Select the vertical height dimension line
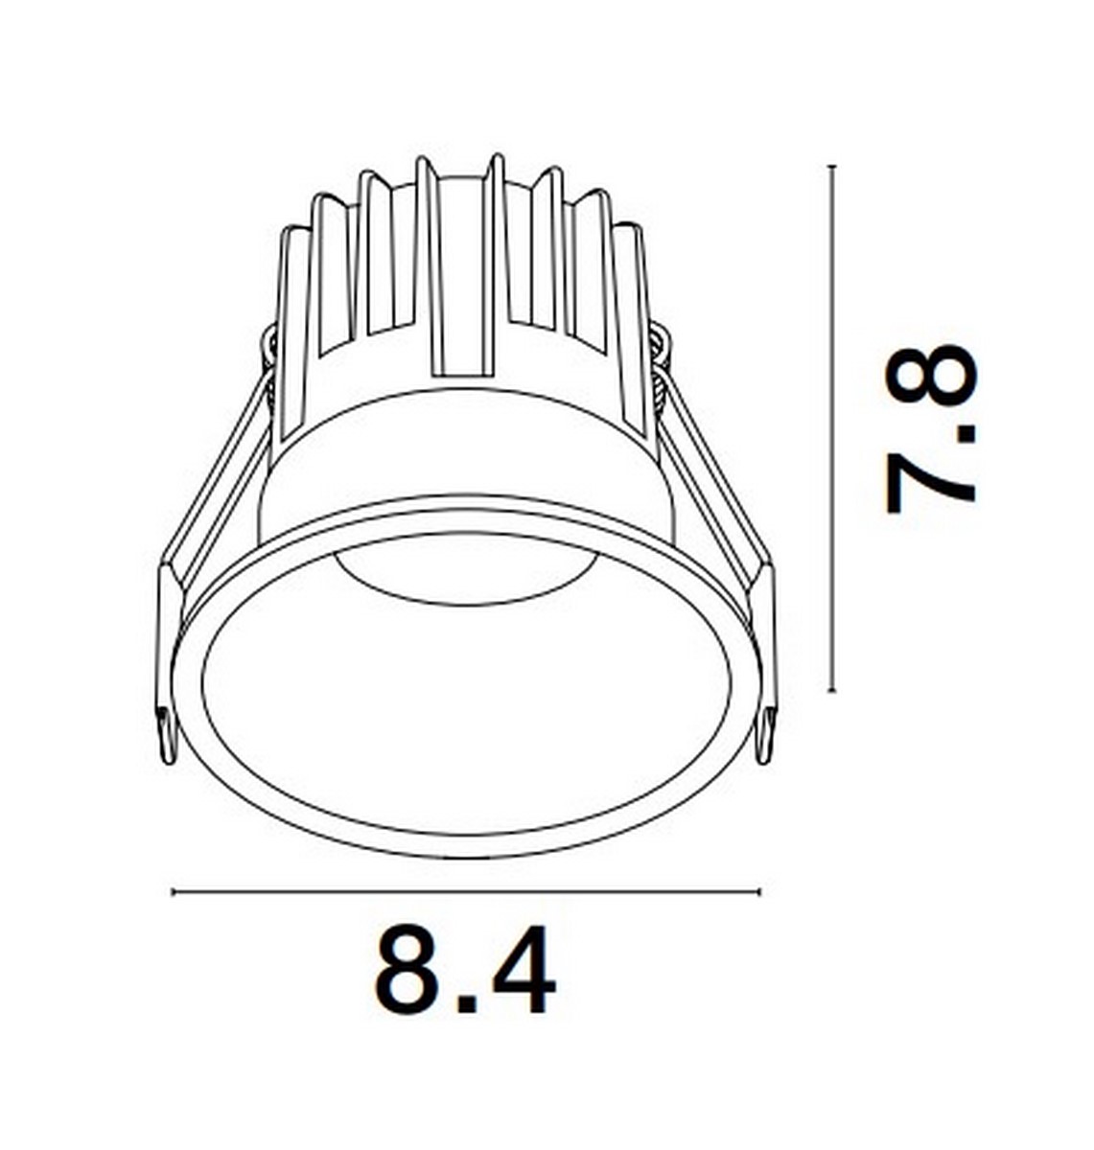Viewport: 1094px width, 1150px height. [832, 428]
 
